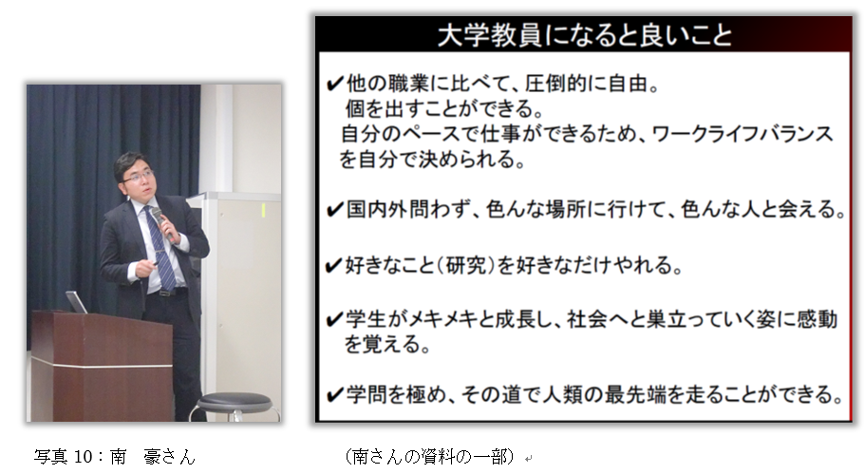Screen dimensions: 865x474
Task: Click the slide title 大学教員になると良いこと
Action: tap(585, 35)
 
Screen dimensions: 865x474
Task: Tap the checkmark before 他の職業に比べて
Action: tap(334, 84)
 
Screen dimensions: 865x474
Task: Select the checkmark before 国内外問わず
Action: tap(334, 210)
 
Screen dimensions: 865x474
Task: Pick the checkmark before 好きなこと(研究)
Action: tap(334, 266)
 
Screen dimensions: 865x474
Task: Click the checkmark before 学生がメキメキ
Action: tap(334, 320)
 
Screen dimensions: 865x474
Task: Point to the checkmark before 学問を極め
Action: tap(334, 395)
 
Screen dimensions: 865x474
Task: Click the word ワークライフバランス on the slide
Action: tap(743, 134)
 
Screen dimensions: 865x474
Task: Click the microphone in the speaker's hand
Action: tap(162, 223)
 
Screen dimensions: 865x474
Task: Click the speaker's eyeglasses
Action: tap(138, 177)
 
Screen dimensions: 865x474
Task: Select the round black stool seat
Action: tap(235, 402)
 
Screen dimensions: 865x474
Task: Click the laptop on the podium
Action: tap(76, 302)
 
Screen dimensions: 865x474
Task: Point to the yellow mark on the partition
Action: tap(264, 210)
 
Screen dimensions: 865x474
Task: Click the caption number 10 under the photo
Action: tap(83, 457)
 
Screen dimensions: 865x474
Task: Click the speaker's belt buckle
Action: tap(165, 293)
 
